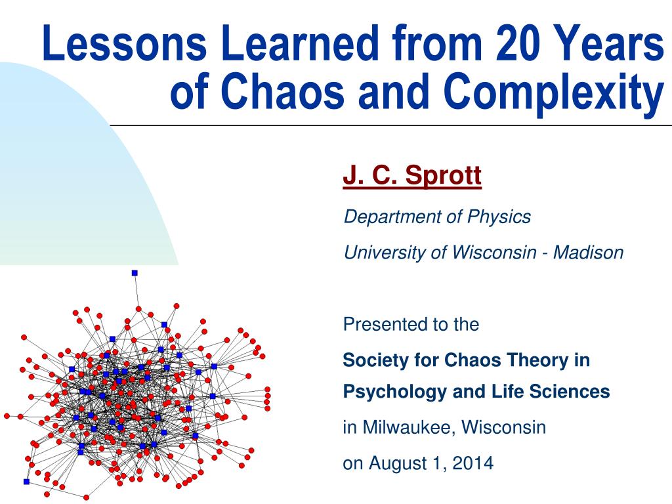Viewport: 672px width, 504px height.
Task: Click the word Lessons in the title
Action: click(125, 43)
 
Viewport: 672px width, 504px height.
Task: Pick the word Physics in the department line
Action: click(499, 217)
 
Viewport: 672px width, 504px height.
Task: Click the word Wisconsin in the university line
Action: click(493, 252)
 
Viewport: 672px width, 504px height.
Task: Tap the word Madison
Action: click(589, 252)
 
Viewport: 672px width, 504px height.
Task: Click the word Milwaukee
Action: click(411, 427)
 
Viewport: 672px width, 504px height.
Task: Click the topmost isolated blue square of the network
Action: click(135, 273)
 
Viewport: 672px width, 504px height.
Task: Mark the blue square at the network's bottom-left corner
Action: click(26, 482)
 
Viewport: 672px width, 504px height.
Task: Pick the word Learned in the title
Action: click(299, 43)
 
